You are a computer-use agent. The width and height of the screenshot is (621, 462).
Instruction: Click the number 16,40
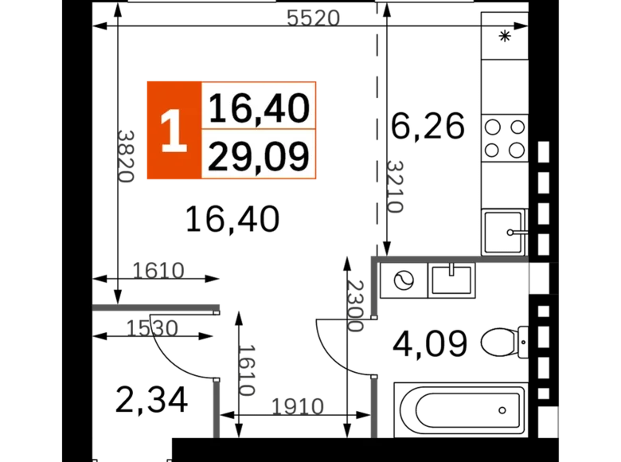[x=259, y=107]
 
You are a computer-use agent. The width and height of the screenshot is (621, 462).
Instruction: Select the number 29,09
[x=259, y=156]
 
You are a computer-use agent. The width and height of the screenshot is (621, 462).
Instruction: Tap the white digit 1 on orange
[x=173, y=131]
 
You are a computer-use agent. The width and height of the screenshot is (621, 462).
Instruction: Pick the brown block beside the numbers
[x=344, y=131]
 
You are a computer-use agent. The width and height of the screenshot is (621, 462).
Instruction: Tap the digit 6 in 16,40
[x=236, y=107]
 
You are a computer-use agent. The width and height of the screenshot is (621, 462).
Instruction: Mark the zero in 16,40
[x=297, y=107]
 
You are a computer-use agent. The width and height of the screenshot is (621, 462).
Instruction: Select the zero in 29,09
[x=275, y=156]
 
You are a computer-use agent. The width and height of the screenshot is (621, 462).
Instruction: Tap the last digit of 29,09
[x=297, y=156]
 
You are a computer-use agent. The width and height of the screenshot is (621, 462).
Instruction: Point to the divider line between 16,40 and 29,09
[x=259, y=129]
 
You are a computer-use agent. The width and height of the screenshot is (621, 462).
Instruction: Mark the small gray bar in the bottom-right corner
[x=557, y=421]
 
